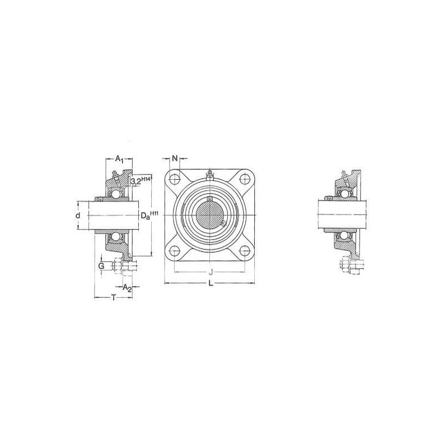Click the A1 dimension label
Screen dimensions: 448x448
(x=119, y=159)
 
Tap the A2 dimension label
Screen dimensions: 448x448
(x=127, y=288)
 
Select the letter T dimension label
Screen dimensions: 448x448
(x=114, y=298)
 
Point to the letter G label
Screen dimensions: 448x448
(x=101, y=267)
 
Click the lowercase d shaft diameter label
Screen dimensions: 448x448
(x=78, y=216)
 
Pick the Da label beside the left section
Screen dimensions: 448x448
(x=146, y=216)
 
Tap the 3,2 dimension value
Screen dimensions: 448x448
(x=136, y=181)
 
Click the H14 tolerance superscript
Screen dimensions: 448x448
(x=146, y=178)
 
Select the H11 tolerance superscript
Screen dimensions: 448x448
(x=155, y=213)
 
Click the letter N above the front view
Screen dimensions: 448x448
(x=175, y=158)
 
